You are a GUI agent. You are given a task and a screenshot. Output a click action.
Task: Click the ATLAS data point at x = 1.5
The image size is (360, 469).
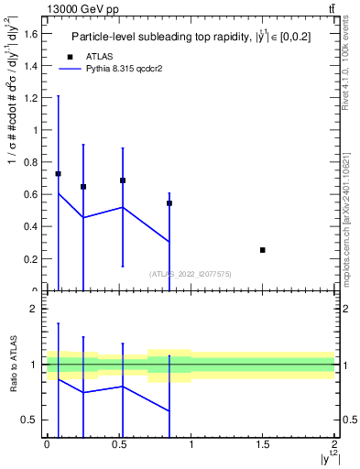pyautogui.click(x=263, y=250)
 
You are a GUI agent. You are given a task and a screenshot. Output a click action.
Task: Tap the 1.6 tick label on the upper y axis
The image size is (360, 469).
pyautogui.click(x=30, y=34)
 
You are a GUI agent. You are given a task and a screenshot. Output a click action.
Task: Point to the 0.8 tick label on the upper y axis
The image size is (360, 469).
pyautogui.click(x=30, y=162)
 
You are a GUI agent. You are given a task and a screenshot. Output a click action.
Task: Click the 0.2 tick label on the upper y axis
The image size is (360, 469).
pyautogui.click(x=30, y=259)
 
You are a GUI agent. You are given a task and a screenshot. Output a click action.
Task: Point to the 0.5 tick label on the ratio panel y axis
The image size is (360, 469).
pyautogui.click(x=29, y=420)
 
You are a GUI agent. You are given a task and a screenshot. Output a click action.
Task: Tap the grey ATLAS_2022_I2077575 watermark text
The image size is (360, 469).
pyautogui.click(x=191, y=274)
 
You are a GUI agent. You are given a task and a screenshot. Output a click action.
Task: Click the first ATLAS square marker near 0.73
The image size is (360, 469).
pyautogui.click(x=59, y=174)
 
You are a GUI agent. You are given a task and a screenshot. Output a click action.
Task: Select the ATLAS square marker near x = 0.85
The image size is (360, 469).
pyautogui.click(x=169, y=203)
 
